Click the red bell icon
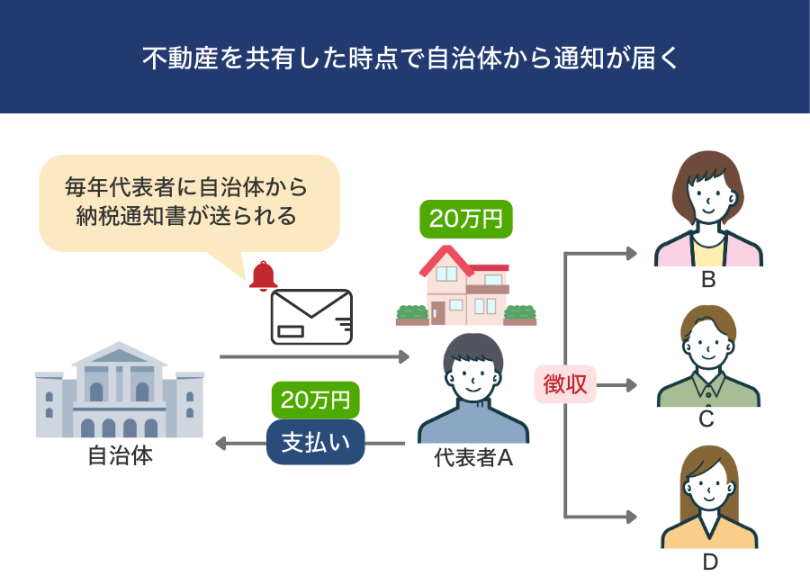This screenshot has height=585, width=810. coord(263,276)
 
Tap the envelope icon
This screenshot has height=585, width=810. coord(311,317)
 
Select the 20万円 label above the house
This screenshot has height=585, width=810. coord(465,219)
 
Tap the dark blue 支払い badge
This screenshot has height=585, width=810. coord(315,442)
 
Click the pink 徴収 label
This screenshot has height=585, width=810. coord(565,385)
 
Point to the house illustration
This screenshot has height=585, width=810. coord(465,285)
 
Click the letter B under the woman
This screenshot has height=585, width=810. coord(708,280)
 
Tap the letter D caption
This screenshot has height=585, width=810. coord(709,563)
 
